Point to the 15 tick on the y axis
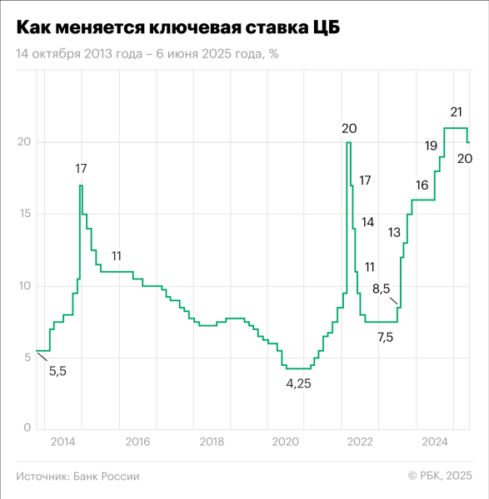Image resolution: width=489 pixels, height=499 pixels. (x=26, y=214)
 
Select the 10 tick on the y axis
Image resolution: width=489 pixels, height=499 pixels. (x=26, y=286)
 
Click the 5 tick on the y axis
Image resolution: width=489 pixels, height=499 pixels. (x=27, y=358)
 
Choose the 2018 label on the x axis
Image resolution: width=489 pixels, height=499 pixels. (x=212, y=440)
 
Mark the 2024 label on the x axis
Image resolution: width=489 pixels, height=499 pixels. (x=435, y=440)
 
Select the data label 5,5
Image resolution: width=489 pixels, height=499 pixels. (x=57, y=371)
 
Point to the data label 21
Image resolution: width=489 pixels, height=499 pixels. (x=457, y=111)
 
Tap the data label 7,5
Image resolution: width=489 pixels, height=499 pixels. (x=386, y=336)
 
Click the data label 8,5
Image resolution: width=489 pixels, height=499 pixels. (x=381, y=289)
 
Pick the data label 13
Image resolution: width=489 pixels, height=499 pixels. (x=394, y=232)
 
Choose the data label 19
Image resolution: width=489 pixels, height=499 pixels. (x=431, y=146)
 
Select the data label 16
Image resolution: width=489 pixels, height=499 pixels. (x=422, y=185)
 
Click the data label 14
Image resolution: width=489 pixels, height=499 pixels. (x=367, y=222)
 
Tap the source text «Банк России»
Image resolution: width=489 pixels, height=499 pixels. (x=107, y=477)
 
